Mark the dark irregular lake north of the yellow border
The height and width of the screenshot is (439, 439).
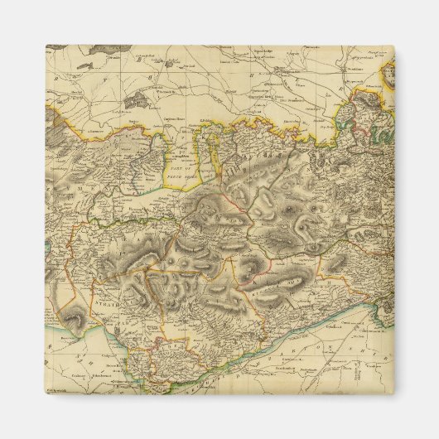coord(135,99)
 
